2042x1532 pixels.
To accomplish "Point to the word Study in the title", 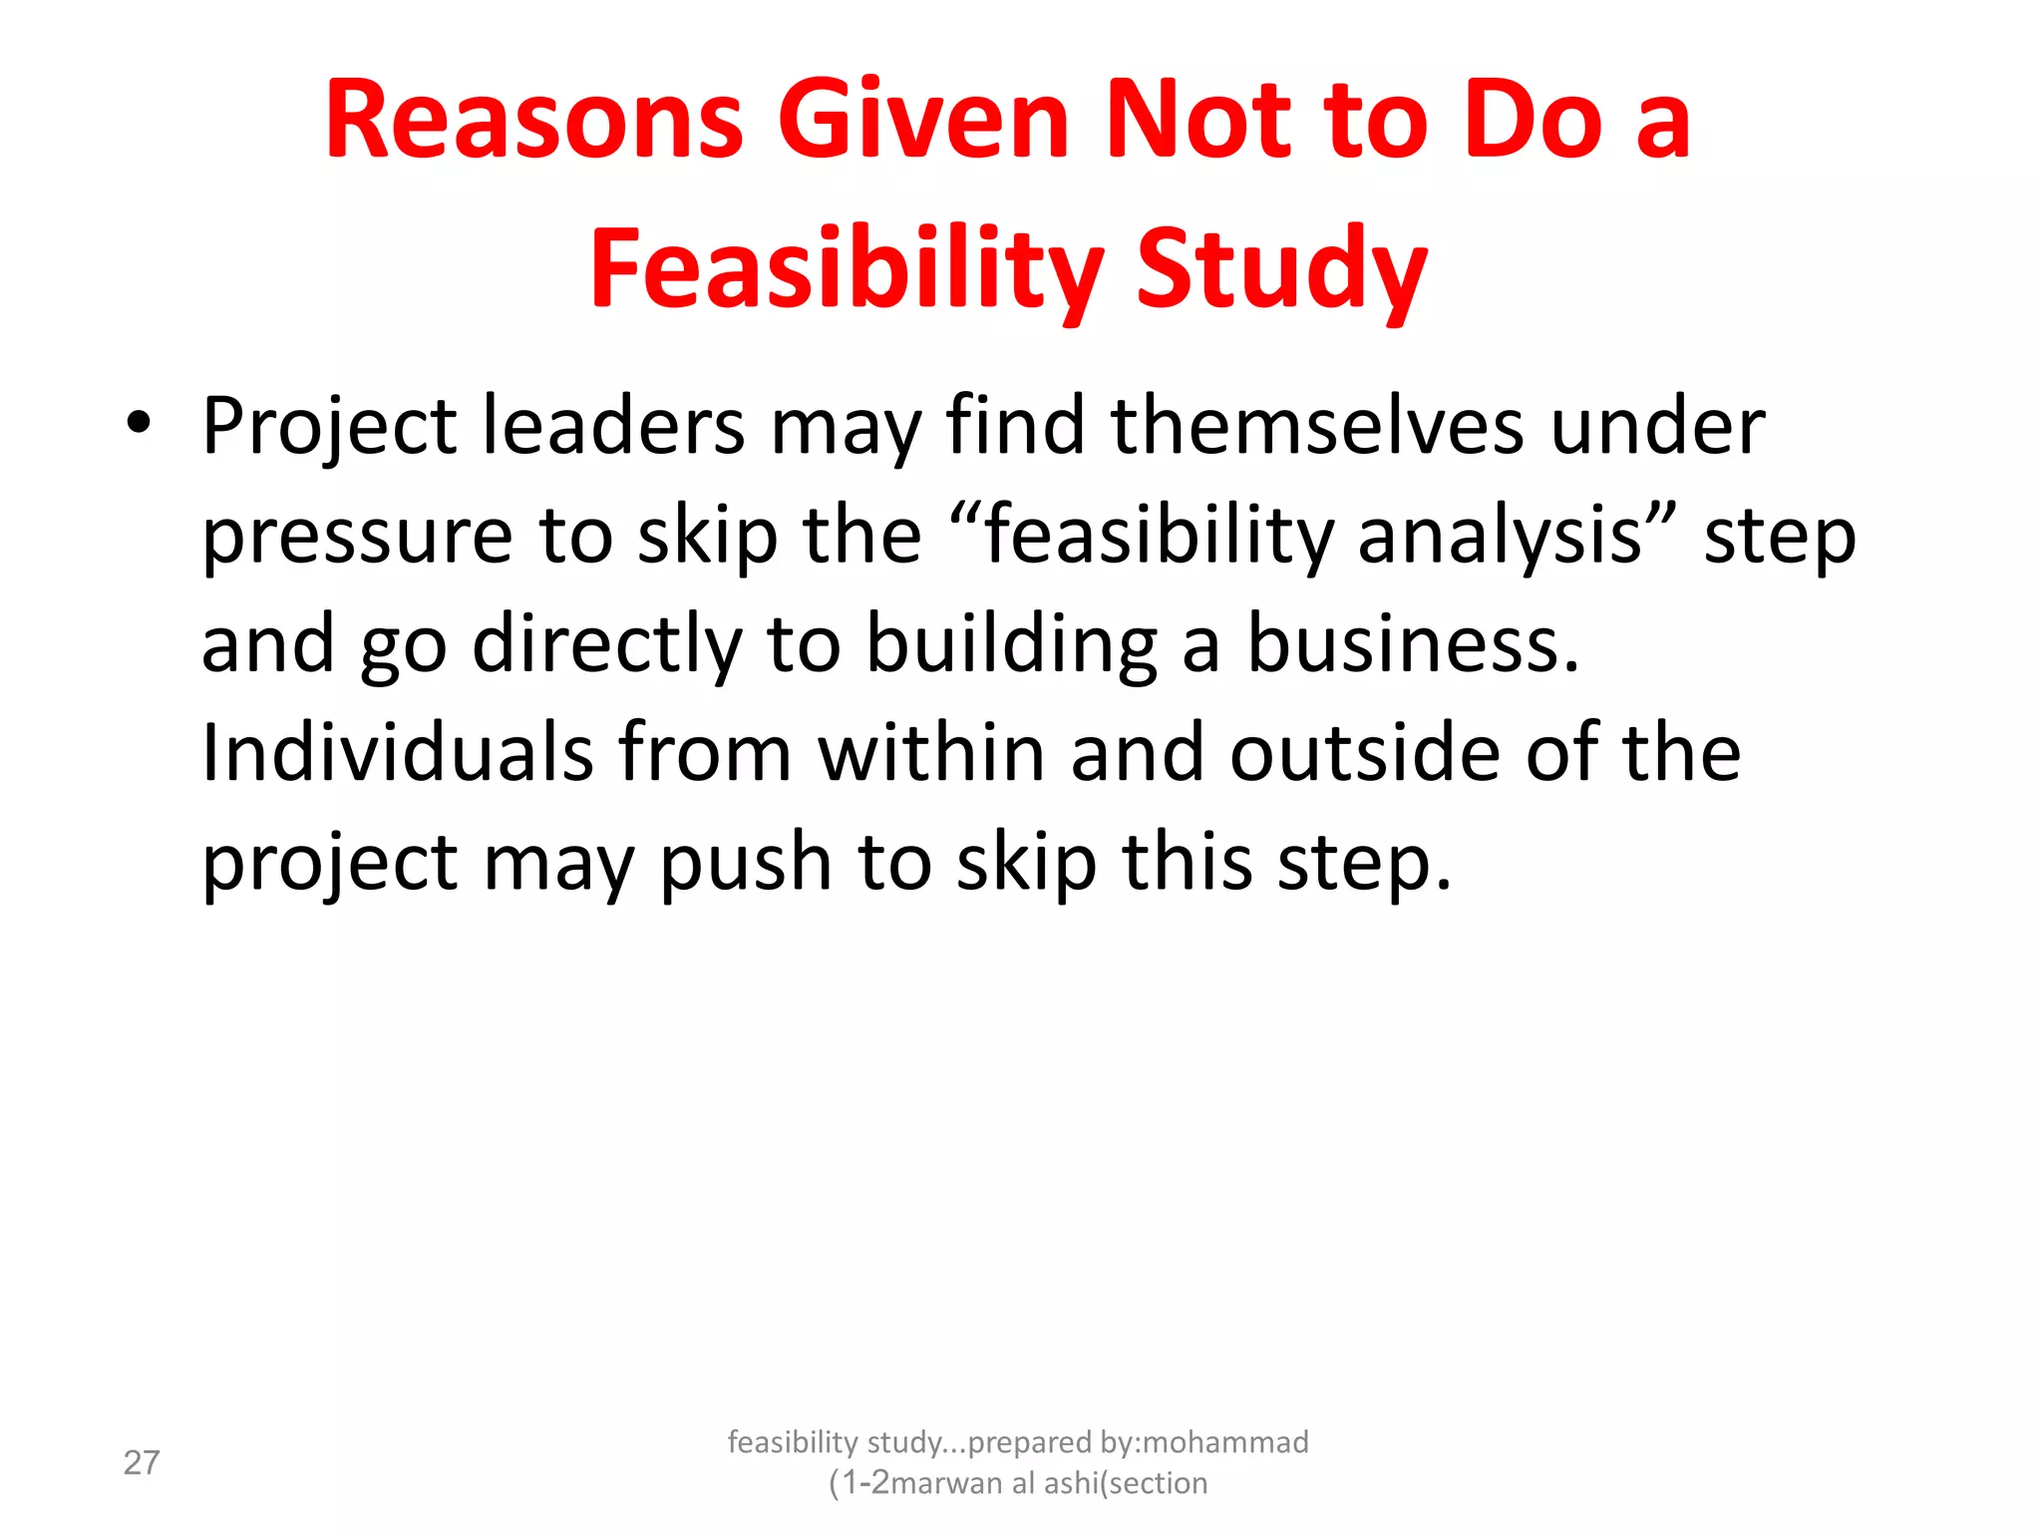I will pyautogui.click(x=1282, y=267).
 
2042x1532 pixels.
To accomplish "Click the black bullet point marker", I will pyautogui.click(x=139, y=423).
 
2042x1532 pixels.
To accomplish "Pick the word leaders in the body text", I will pyautogui.click(x=612, y=427).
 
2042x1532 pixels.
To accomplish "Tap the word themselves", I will pyautogui.click(x=1317, y=427).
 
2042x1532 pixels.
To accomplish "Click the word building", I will pyautogui.click(x=1011, y=645).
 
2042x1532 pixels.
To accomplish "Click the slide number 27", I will pyautogui.click(x=142, y=1463).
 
